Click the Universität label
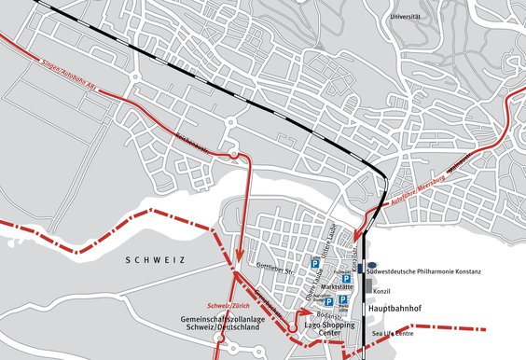[404, 17]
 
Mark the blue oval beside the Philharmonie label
[370, 265]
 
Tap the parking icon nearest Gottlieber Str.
[315, 265]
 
